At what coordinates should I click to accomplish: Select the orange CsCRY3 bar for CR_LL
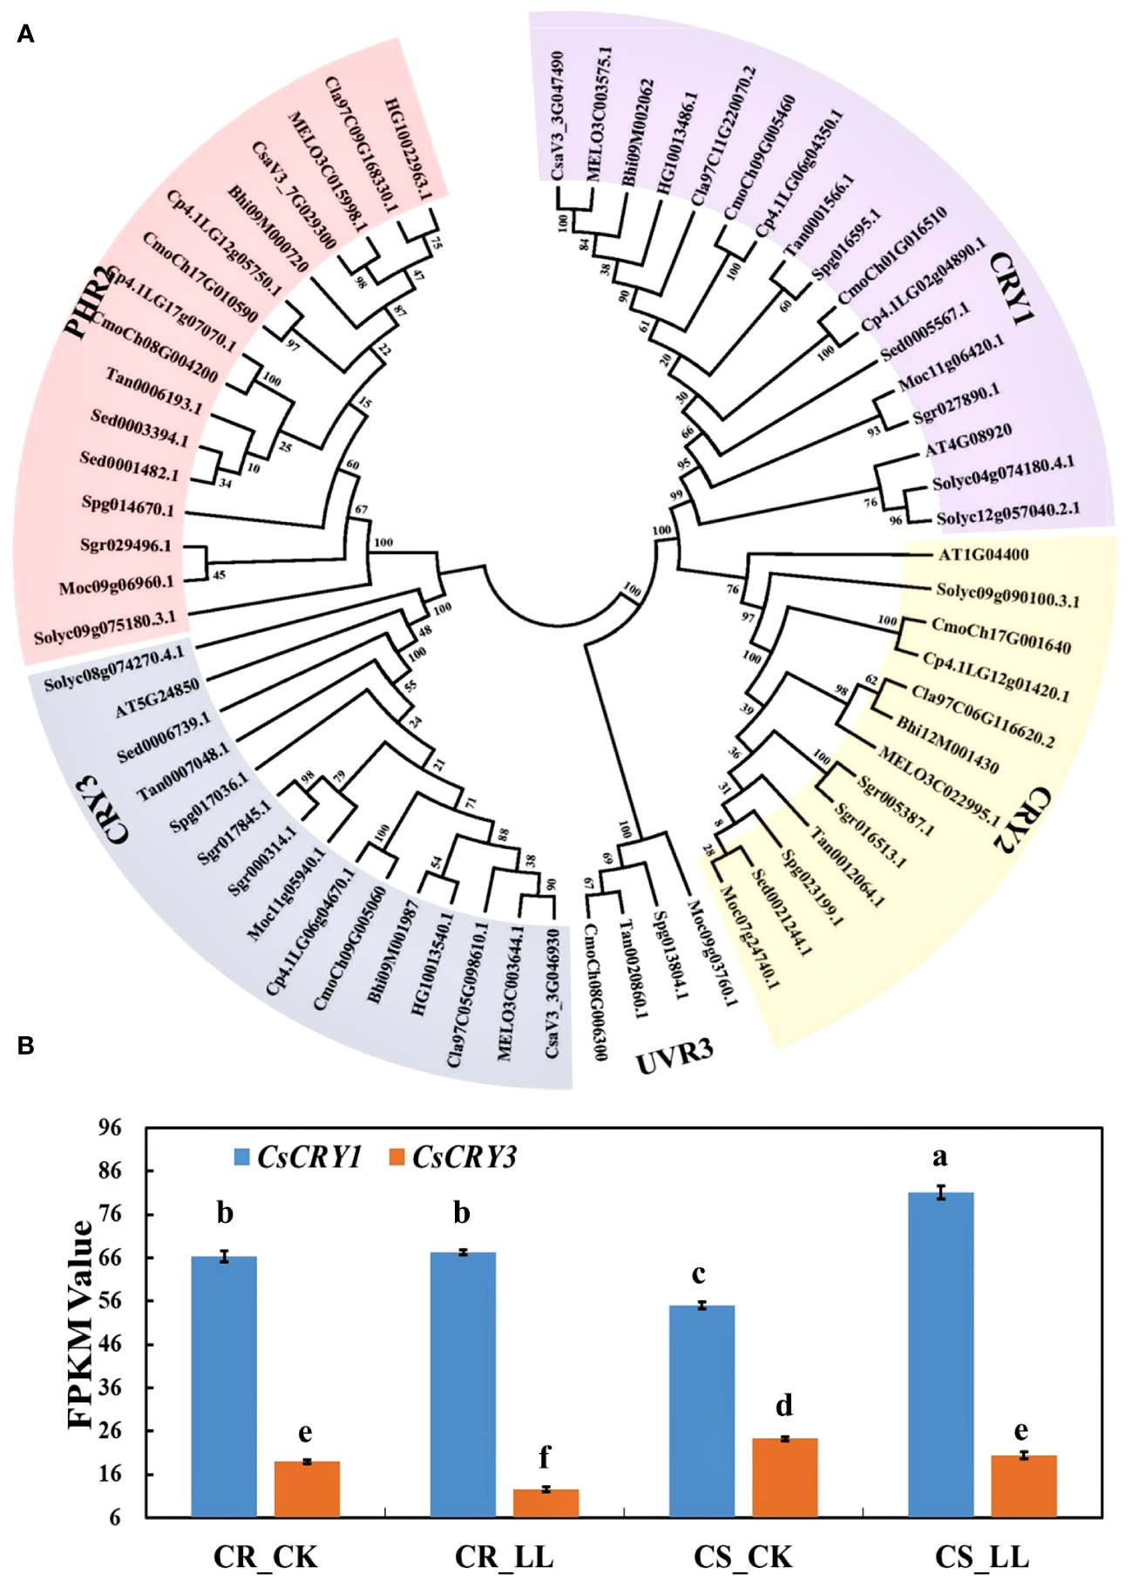coord(546,1503)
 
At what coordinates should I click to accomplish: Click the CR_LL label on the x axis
coord(504,1556)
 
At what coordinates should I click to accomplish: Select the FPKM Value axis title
coord(81,1324)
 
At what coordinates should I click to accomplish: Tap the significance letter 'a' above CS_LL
coord(939,1157)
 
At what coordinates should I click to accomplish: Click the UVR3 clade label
coord(674,1056)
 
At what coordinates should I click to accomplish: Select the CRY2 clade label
coord(1023,820)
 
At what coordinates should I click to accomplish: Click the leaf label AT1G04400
coord(983,554)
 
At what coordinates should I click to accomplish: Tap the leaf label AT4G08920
coord(968,440)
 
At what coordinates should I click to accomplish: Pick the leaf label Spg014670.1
coord(127,506)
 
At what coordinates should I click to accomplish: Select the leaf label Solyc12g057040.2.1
coord(1008,513)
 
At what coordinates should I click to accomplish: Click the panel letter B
coord(25,1045)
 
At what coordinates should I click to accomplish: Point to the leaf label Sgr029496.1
coord(125,546)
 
